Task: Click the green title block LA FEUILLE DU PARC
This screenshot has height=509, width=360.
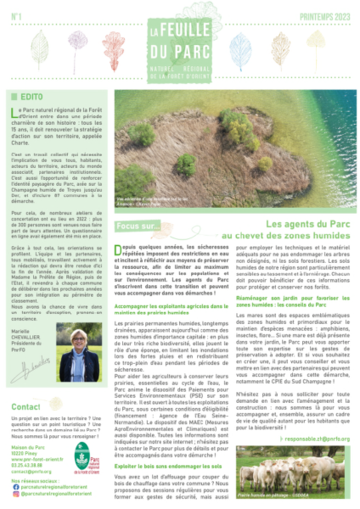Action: tap(180, 40)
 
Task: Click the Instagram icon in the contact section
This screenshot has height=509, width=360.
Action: tap(14, 493)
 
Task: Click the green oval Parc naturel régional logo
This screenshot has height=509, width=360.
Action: tap(82, 458)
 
